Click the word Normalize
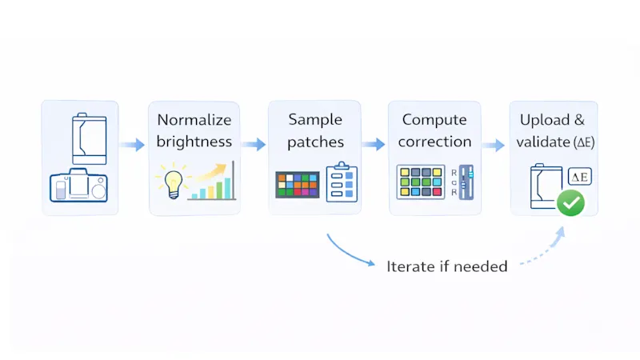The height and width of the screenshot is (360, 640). pyautogui.click(x=194, y=120)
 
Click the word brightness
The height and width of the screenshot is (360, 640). pyautogui.click(x=194, y=142)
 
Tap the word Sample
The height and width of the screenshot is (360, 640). pyautogui.click(x=314, y=120)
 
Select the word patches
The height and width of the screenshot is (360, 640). pyautogui.click(x=314, y=142)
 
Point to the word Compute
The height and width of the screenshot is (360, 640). pyautogui.click(x=434, y=120)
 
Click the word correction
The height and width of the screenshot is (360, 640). pyautogui.click(x=434, y=142)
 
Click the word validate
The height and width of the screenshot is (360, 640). pyautogui.click(x=542, y=142)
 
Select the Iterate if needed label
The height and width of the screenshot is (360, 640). pyautogui.click(x=446, y=266)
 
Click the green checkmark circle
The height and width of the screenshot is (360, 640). pyautogui.click(x=570, y=203)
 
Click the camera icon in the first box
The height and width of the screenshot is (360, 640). pyautogui.click(x=78, y=187)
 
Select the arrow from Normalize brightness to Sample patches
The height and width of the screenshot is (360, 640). pyautogui.click(x=254, y=145)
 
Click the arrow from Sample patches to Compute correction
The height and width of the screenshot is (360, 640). pyautogui.click(x=374, y=145)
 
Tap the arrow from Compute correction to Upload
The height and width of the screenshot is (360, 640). pyautogui.click(x=494, y=145)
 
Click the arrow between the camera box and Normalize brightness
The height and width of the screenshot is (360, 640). pyautogui.click(x=133, y=145)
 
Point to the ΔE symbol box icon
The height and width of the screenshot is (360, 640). pyautogui.click(x=577, y=178)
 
